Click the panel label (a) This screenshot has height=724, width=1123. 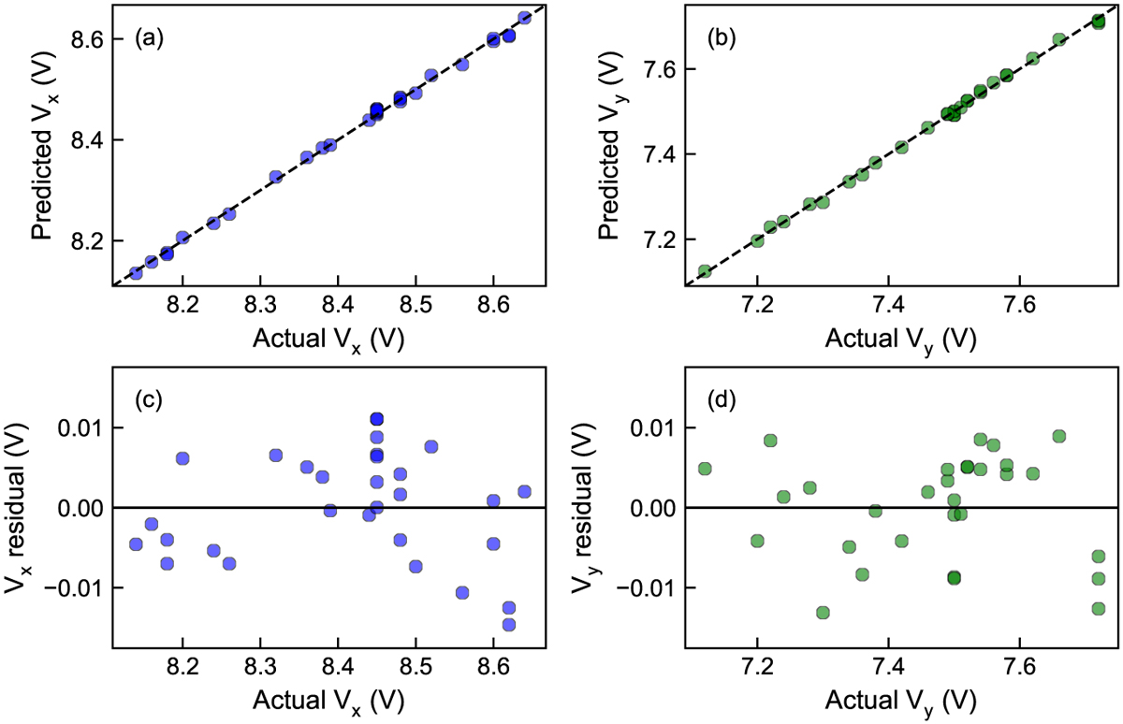click(x=150, y=38)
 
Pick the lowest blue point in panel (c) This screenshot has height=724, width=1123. click(x=509, y=624)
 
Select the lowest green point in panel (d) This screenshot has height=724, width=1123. click(x=823, y=613)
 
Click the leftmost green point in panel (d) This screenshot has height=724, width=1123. click(x=705, y=469)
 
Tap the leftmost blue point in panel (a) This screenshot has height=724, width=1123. click(x=136, y=273)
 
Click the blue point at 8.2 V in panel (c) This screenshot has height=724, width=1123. click(x=182, y=458)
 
